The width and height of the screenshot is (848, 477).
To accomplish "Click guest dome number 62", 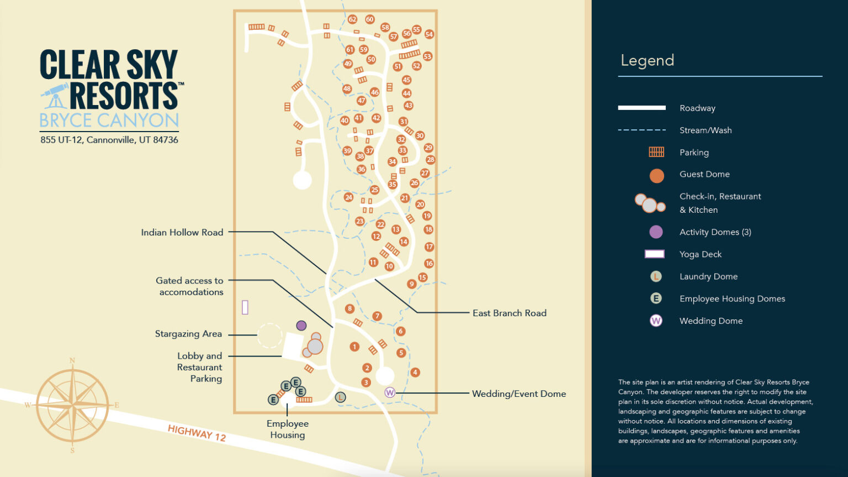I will point(352,19).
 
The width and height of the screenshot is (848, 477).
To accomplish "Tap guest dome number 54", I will point(429,34).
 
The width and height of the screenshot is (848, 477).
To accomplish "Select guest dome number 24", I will point(348,197).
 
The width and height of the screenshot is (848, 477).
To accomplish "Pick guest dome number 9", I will point(411,284).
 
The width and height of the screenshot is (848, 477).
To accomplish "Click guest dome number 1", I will point(354,347).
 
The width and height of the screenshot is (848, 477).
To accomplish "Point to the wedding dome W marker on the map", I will point(390,392).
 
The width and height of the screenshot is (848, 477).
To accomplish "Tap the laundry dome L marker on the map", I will point(341,397).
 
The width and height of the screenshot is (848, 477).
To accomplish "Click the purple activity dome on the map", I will point(301,326).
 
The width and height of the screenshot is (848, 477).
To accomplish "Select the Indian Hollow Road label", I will point(182,233).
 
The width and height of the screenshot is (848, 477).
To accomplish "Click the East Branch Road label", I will point(509,313).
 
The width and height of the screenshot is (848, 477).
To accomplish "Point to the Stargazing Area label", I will point(188,334).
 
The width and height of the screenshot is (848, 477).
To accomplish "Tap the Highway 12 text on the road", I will point(197,433).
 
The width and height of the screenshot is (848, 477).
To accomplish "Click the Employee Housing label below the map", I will point(287,429).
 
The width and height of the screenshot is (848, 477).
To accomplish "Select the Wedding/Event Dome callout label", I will point(518,394).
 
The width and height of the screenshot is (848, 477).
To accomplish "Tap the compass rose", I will point(72,406).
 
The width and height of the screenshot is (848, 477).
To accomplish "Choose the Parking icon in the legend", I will point(656,152).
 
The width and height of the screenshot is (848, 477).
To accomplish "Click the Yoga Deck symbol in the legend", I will point(655,254).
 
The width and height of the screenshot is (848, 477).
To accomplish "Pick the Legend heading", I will point(647,60).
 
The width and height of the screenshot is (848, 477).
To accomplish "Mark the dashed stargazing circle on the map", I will point(270,336).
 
